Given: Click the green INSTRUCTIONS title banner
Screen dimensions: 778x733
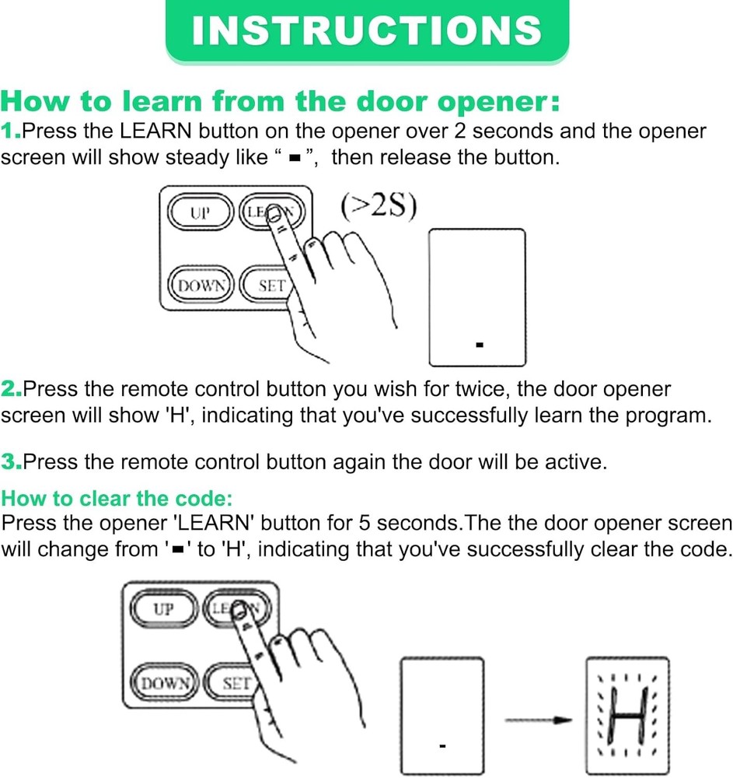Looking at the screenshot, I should (x=366, y=31).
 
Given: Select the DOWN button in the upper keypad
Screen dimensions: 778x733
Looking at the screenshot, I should (x=201, y=286).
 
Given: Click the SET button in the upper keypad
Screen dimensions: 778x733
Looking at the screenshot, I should (x=269, y=286).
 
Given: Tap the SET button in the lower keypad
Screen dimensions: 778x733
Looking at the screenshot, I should (x=234, y=683).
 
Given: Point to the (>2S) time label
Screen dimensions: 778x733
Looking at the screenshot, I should (x=379, y=208).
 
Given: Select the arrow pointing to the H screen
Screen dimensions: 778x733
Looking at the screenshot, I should (x=538, y=720).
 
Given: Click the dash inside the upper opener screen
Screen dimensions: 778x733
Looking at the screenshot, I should (x=480, y=343).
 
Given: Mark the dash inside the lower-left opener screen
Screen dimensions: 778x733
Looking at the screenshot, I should (x=442, y=746).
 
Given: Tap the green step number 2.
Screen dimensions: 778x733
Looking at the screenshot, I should (x=11, y=388).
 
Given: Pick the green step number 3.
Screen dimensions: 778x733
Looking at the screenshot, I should (x=11, y=461).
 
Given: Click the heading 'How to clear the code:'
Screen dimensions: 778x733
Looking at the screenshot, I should (x=117, y=498).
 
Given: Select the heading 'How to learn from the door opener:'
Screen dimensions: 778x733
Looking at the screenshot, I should (x=280, y=102).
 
